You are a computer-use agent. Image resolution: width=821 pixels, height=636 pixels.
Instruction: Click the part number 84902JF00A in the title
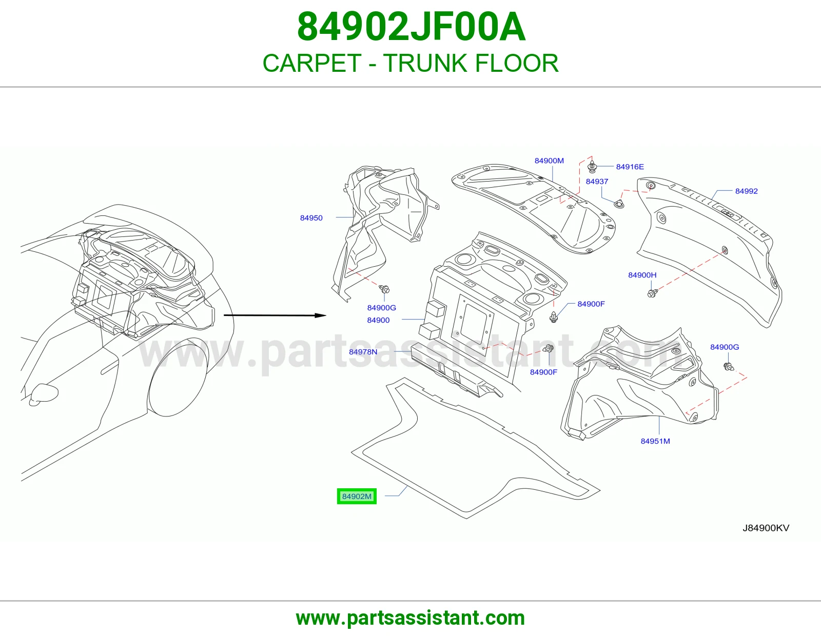[411, 28]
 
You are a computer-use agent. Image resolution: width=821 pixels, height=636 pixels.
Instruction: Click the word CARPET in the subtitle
[312, 63]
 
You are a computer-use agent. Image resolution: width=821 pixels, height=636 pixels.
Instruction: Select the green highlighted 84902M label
[357, 496]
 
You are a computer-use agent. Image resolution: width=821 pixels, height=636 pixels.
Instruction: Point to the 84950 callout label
[311, 218]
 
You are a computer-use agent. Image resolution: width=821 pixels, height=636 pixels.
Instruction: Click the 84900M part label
[549, 161]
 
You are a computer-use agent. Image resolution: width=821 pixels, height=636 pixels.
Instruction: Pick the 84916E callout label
[630, 167]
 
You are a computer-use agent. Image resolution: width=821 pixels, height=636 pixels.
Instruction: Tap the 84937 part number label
[597, 181]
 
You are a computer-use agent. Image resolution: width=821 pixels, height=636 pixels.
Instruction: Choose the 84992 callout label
[746, 191]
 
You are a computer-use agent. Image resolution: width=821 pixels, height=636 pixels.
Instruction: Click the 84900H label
[642, 275]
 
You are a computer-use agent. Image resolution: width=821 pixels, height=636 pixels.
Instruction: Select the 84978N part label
[363, 352]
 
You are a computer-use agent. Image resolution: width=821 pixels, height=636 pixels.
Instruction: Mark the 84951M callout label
[655, 441]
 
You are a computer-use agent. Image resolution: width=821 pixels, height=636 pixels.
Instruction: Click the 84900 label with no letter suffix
[378, 320]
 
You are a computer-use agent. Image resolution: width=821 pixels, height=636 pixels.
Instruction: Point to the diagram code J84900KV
[766, 528]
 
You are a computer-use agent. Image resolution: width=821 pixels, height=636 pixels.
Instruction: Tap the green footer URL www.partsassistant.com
[411, 618]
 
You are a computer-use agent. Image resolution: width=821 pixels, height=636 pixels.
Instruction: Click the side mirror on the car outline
[44, 394]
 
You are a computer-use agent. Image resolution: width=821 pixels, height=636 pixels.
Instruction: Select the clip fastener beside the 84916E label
[592, 166]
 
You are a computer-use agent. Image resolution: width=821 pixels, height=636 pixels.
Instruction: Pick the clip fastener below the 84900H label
[652, 293]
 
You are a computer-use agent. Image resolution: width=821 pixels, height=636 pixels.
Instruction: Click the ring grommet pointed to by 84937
[619, 204]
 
